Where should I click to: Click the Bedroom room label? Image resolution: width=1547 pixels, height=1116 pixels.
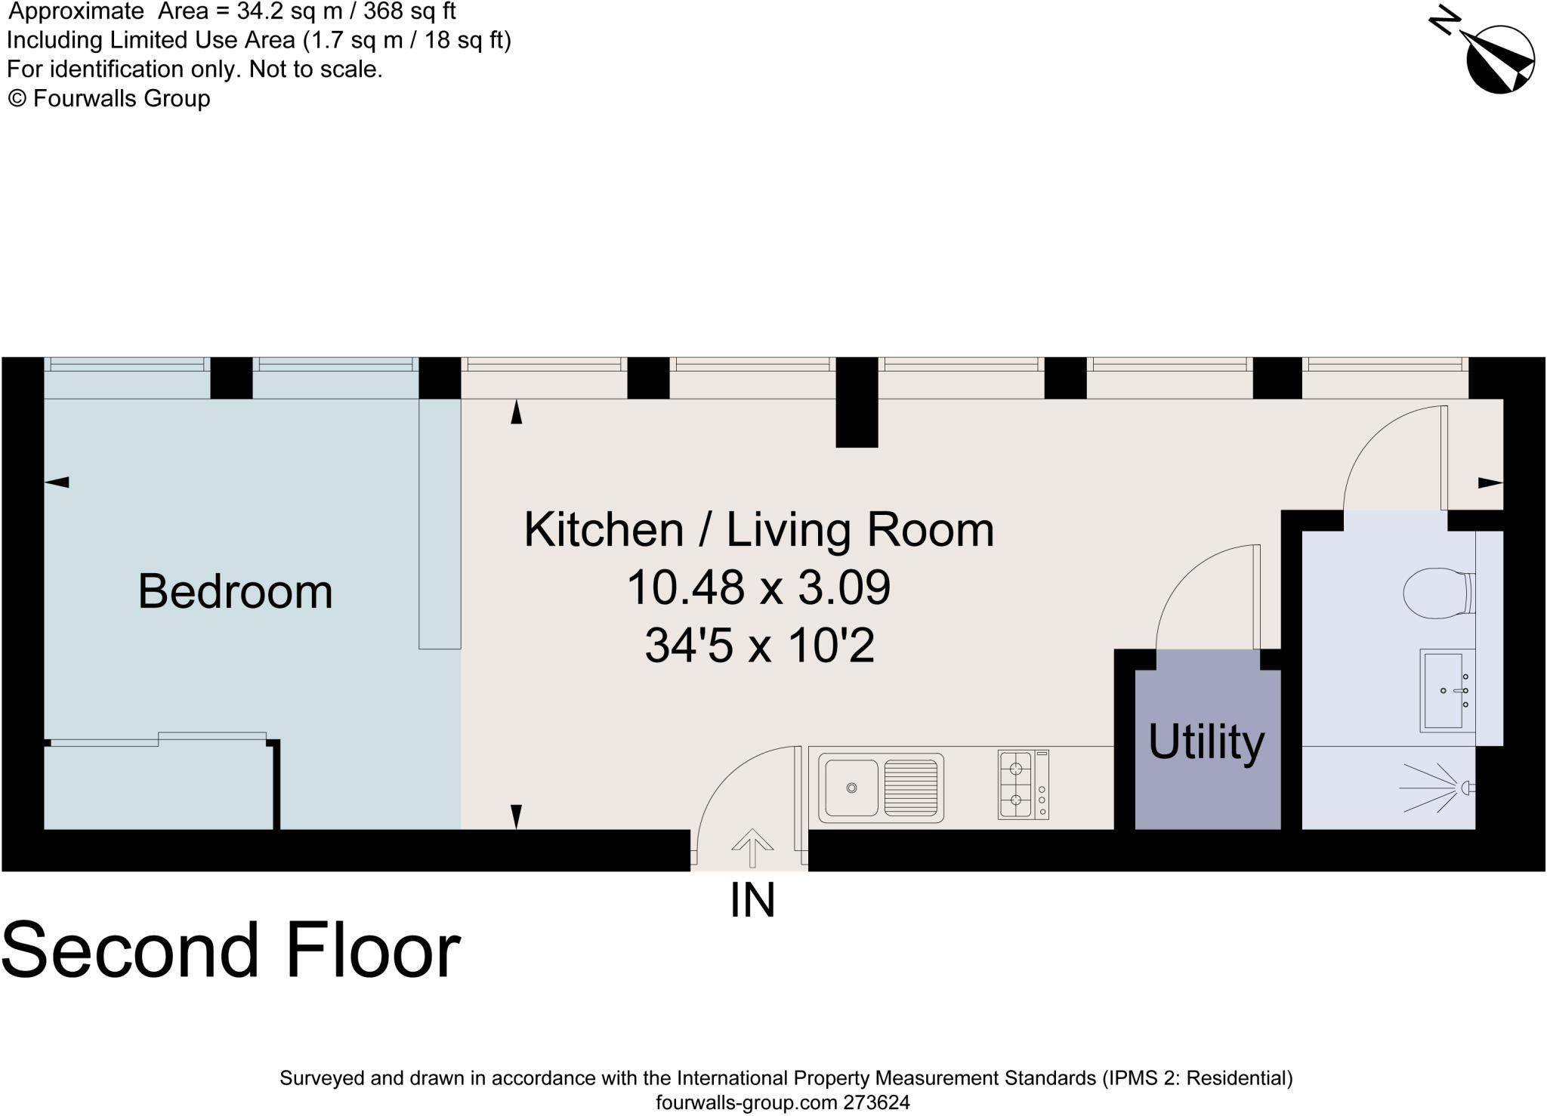coord(235,591)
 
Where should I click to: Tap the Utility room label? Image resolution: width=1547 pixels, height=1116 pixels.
coord(1206,742)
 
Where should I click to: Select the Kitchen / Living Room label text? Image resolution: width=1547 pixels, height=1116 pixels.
coord(758,529)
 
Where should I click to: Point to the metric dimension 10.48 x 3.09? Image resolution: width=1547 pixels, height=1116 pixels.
coord(758,587)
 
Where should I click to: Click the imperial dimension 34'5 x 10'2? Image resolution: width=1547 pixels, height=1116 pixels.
coord(759,646)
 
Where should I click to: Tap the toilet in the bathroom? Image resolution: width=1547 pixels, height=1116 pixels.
coord(1439,593)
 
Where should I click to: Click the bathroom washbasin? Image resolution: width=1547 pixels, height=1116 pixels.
coord(1447,690)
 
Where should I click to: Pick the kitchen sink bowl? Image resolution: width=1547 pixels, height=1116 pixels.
coord(851,788)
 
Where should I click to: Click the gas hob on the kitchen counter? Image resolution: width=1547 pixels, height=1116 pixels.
coord(1024,785)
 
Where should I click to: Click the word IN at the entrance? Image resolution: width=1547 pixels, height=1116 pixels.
coord(752,900)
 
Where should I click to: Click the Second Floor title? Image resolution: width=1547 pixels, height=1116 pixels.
coord(231,949)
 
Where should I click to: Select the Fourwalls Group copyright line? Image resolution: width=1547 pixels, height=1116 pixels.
coord(109,98)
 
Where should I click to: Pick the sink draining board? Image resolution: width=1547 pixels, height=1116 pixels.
coord(911,788)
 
